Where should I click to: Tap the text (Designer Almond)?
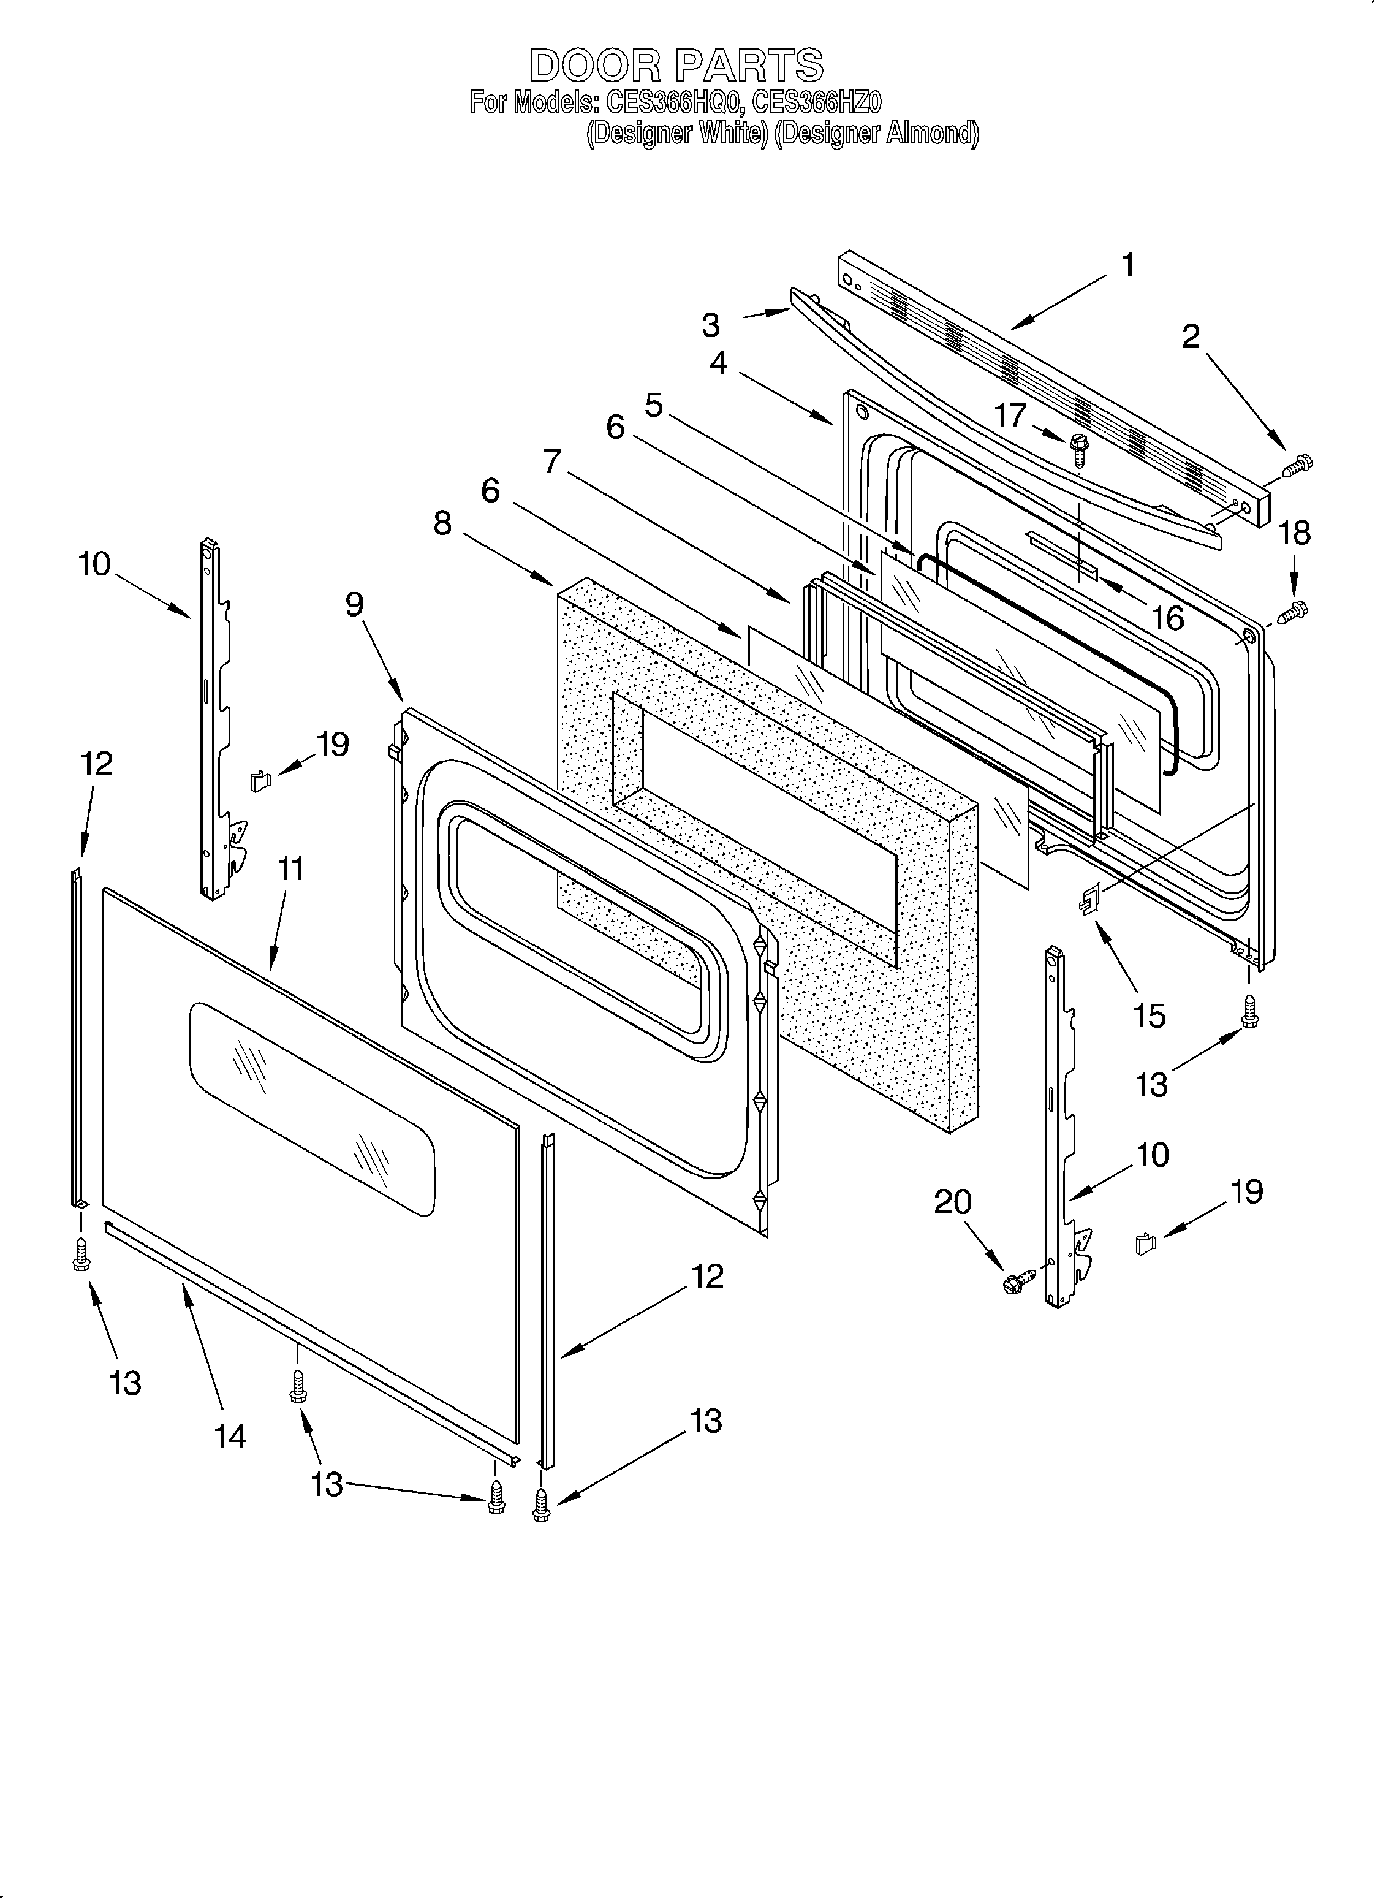coord(876,133)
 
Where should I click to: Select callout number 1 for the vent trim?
coord(1127,265)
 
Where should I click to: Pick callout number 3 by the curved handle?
coord(711,325)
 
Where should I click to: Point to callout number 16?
coord(1167,618)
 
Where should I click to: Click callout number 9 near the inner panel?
coord(354,604)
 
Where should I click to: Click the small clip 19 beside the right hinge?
coord(1144,1245)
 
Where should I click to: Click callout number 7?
coord(551,461)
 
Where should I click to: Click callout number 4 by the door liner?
coord(718,362)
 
